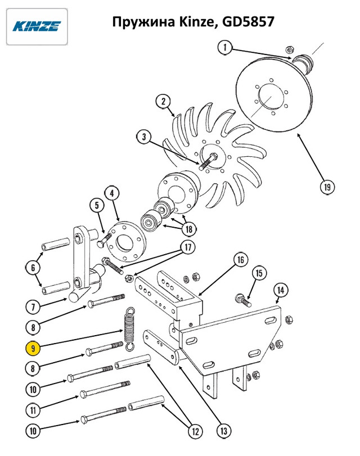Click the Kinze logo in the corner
(37, 26)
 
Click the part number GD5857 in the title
(248, 21)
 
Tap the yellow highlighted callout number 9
(33, 348)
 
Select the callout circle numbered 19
(327, 187)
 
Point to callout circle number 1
(225, 47)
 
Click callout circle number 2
(163, 101)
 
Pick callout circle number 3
(144, 137)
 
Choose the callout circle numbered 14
(281, 290)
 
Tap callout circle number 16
(241, 259)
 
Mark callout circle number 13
(224, 431)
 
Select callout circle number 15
(259, 273)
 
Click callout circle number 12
(195, 431)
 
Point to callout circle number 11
(33, 410)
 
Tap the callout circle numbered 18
(189, 229)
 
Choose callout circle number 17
(188, 247)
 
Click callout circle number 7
(33, 307)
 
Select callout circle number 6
(33, 267)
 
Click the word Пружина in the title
(143, 22)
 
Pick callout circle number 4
(112, 193)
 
